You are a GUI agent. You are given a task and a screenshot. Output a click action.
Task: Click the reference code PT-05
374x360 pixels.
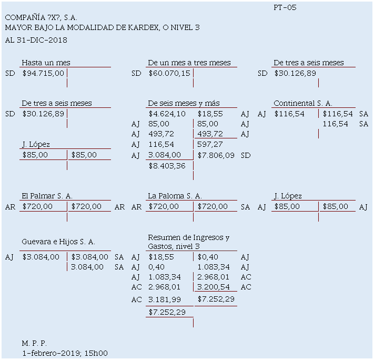(x=285, y=7)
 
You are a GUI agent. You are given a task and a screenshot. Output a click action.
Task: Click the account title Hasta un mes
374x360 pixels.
(x=46, y=63)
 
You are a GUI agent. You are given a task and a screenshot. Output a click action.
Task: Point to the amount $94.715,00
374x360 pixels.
(x=43, y=73)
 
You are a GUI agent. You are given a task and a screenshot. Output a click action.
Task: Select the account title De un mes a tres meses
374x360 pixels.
(x=189, y=63)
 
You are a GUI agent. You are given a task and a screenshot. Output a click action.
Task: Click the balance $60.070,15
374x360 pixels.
(x=169, y=73)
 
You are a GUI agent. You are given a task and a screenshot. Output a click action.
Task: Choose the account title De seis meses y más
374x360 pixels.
(x=184, y=103)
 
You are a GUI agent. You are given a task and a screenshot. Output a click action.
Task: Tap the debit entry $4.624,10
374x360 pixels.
(x=167, y=113)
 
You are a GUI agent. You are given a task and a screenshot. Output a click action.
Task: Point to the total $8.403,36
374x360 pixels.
(x=167, y=166)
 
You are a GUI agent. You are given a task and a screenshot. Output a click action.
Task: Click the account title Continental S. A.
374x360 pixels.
(x=302, y=103)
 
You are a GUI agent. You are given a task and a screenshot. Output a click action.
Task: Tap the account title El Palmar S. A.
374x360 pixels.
(x=47, y=196)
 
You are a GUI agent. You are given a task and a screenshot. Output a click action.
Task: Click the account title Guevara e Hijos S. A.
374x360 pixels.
(x=58, y=242)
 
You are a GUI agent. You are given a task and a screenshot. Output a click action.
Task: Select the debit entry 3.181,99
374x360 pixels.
(x=165, y=299)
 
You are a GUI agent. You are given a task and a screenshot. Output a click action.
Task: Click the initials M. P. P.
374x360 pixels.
(x=34, y=343)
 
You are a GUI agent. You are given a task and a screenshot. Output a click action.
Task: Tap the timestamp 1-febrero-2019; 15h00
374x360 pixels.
(x=65, y=353)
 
